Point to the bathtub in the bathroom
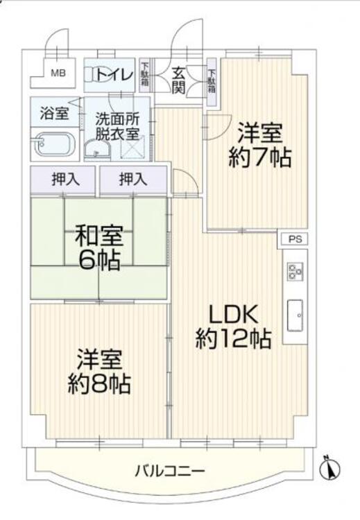(x=56, y=145)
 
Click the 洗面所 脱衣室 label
(x=117, y=126)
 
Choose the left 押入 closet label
(x=65, y=179)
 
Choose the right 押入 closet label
(x=133, y=179)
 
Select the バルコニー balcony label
(x=170, y=472)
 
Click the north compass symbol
(x=330, y=469)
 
